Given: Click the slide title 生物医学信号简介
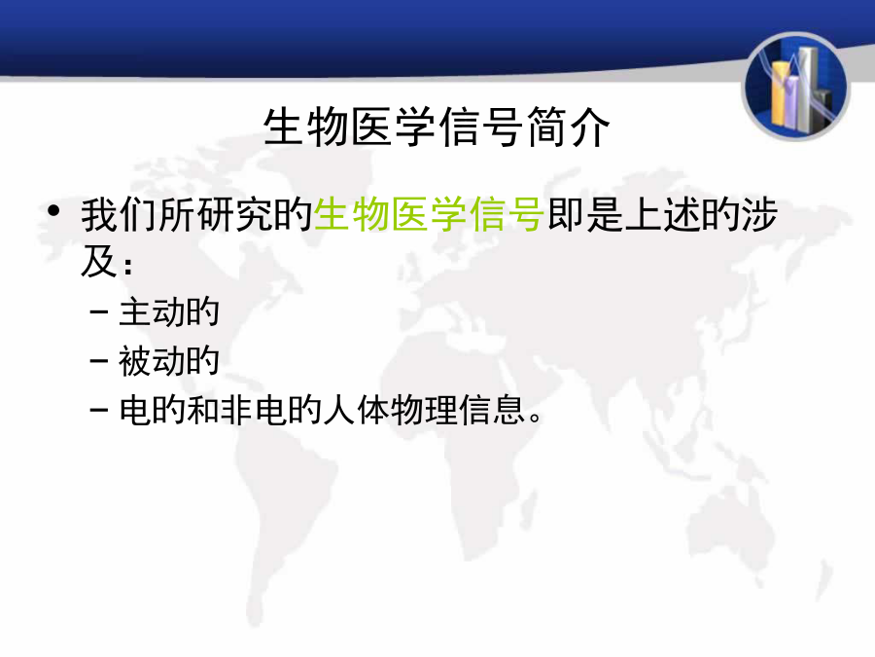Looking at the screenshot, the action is tap(437, 128).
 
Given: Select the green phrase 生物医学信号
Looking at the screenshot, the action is tap(429, 214).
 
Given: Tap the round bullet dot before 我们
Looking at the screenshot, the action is tap(53, 210).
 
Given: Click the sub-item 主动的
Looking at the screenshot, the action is tap(169, 311).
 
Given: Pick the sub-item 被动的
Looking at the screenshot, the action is tap(169, 361).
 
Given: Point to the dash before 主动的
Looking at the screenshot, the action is tap(99, 311).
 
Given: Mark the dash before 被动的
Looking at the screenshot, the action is tap(99, 361).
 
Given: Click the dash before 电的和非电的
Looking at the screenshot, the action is tap(99, 410).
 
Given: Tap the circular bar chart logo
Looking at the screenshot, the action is tap(796, 87).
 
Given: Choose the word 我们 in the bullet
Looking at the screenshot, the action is tap(120, 214).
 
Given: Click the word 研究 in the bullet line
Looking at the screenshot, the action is tap(235, 214).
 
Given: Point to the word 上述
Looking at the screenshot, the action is tap(663, 214).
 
